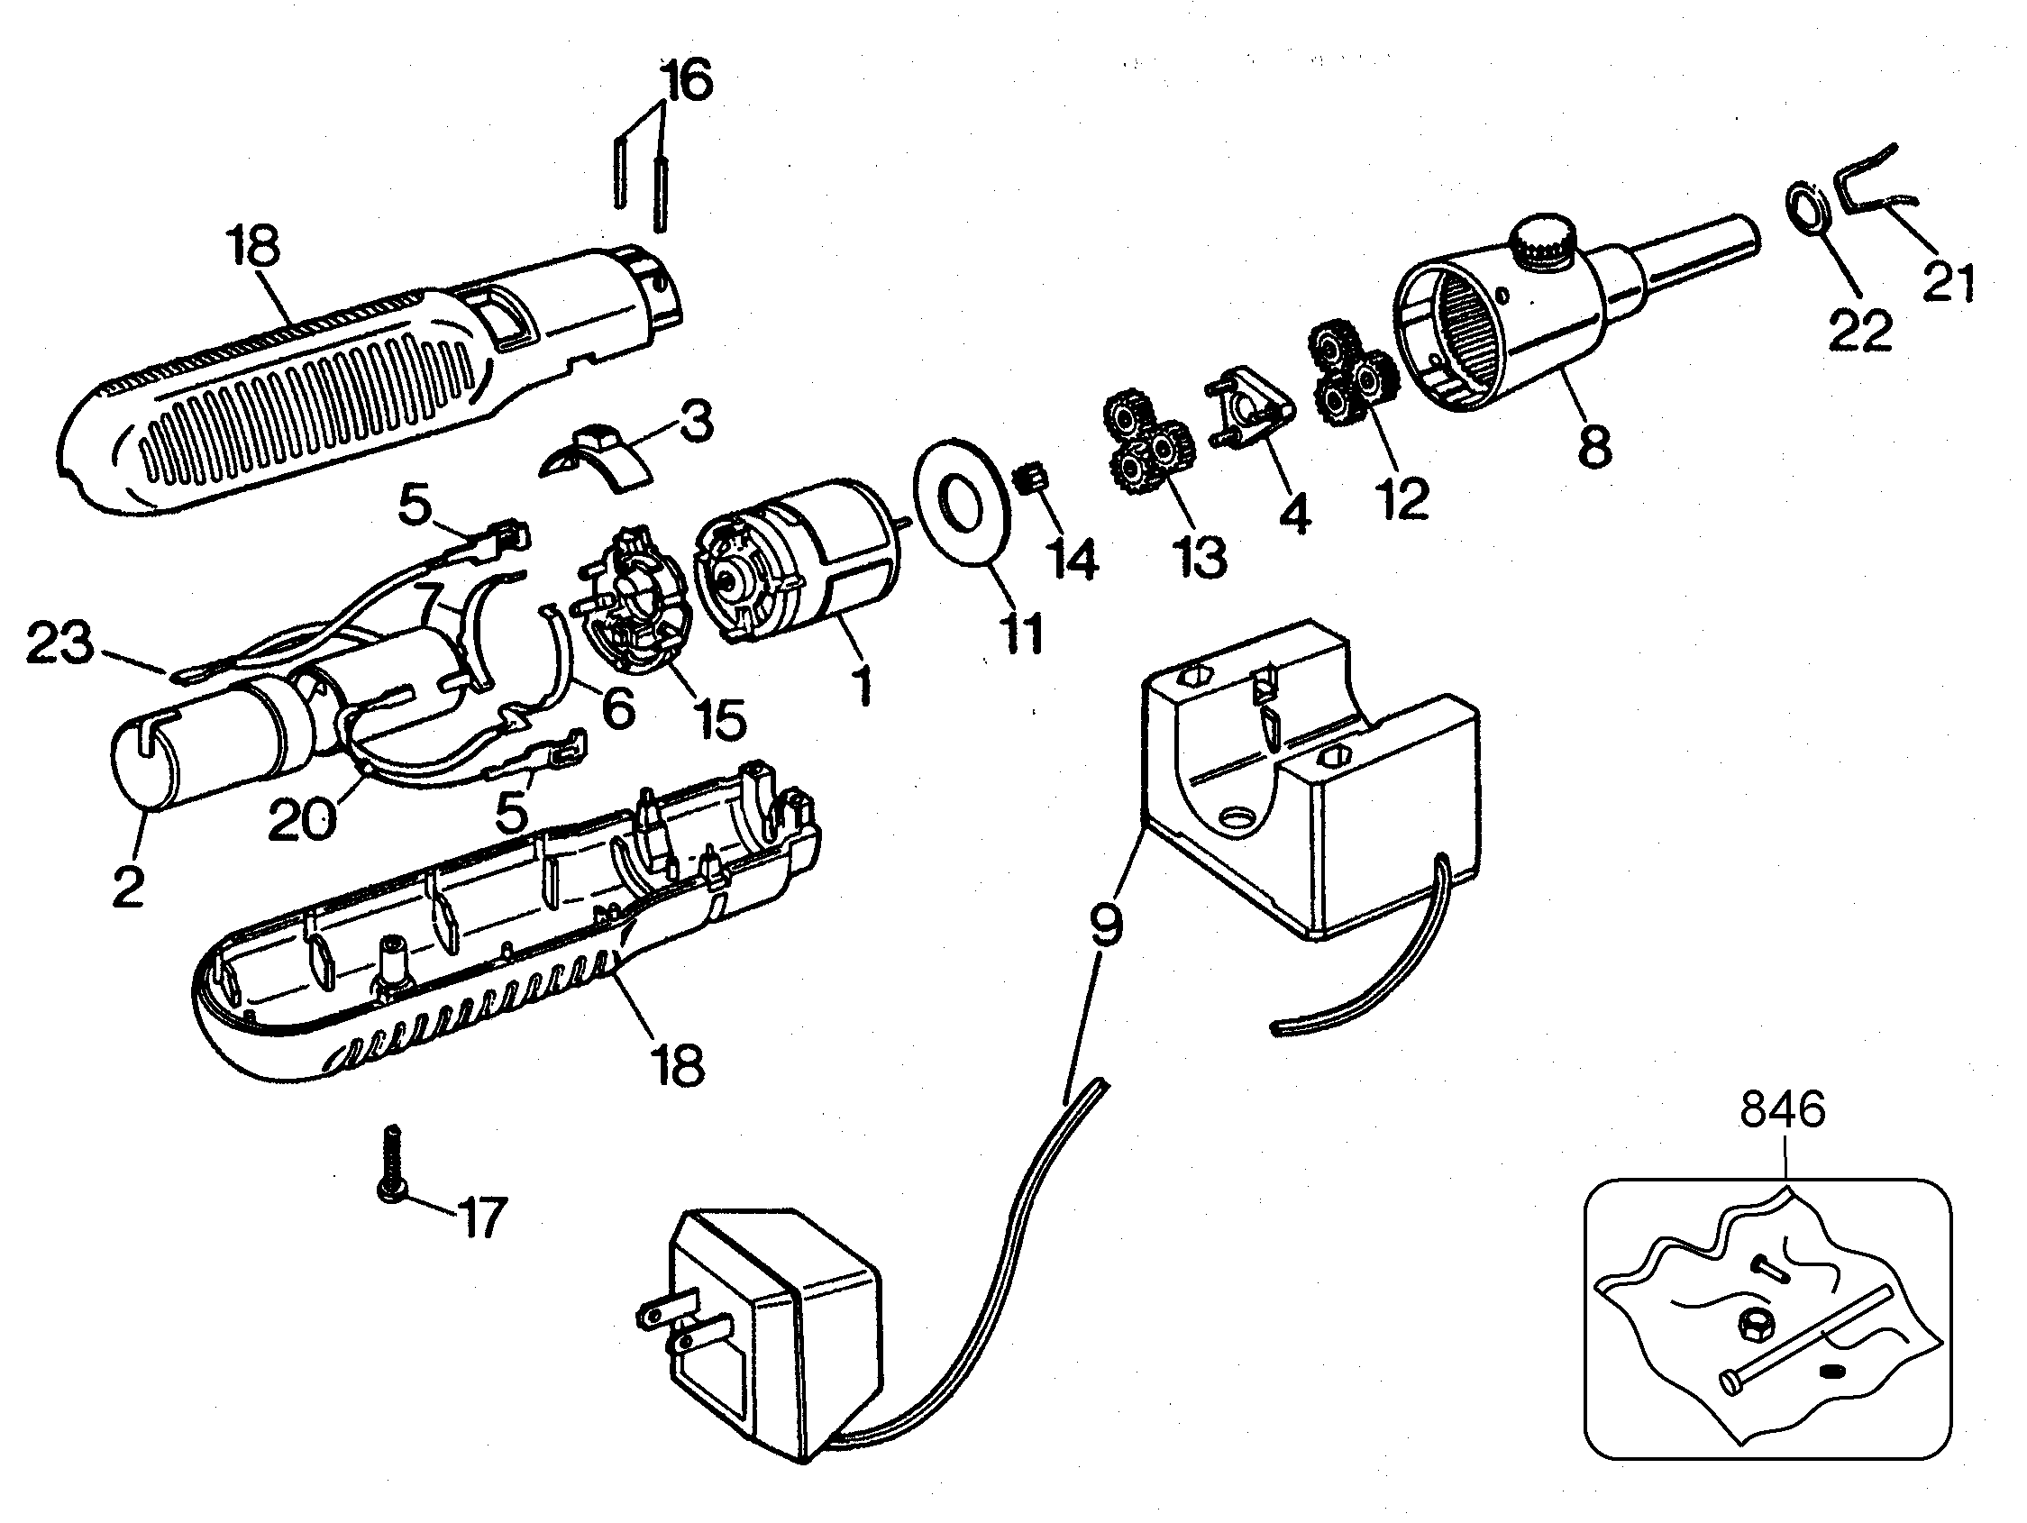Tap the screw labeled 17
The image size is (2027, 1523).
(x=393, y=1163)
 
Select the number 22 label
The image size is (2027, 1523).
(x=1860, y=331)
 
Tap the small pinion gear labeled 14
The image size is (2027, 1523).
(x=1029, y=478)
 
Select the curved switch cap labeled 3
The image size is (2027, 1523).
(x=597, y=456)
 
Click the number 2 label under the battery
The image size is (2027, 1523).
(x=129, y=885)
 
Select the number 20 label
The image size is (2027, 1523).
(x=302, y=818)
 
